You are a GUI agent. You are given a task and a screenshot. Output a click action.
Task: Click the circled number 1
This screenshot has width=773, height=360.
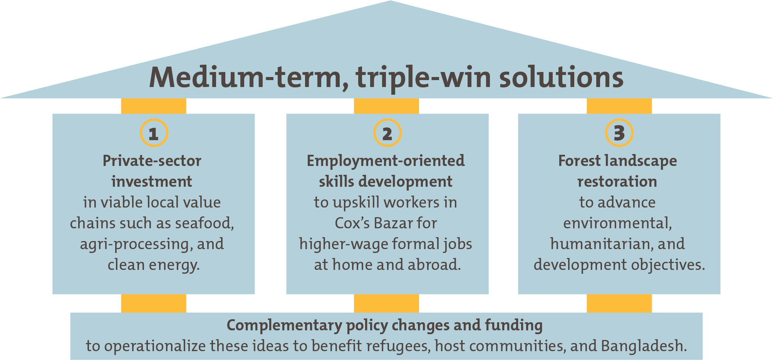point(154,133)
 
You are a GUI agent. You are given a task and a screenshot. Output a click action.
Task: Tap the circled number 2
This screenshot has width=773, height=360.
point(387,133)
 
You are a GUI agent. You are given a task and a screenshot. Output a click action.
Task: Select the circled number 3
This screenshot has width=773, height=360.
point(619,133)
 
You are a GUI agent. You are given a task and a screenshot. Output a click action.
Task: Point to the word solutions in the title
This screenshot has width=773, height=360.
point(561,77)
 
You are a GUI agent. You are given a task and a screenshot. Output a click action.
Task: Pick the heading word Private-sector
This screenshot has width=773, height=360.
point(152,161)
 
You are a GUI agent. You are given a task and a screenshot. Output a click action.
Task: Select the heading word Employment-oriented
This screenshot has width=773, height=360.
point(386,161)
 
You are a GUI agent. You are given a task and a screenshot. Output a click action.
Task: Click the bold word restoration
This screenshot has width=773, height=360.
point(617,182)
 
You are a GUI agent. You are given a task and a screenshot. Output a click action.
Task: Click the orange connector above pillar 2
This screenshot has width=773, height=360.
point(386,106)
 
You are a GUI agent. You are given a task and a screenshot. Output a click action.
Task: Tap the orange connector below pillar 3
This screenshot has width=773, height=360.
point(619,303)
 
